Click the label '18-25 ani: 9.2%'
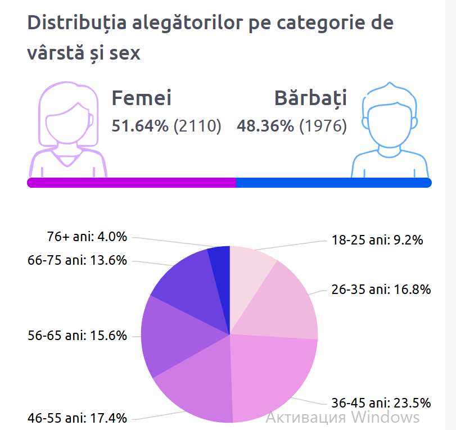377,241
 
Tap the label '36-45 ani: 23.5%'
381,403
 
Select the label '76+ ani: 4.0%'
87,237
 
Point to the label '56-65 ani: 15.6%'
78,336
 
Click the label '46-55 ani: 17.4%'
78,418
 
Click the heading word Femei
141,98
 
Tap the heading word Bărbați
310,98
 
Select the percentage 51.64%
139,126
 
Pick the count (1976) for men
323,126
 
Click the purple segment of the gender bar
132,183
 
